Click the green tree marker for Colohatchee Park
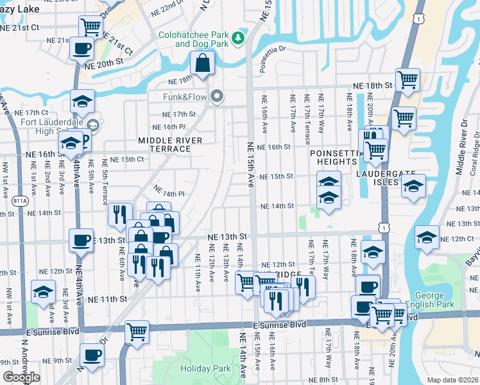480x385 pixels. coord(239,38)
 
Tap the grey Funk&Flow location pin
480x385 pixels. coord(218,97)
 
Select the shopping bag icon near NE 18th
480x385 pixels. coord(202,64)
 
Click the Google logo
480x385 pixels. coord(21,377)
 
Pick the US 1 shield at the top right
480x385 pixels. coord(418,20)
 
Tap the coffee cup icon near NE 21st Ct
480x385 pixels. coord(82,47)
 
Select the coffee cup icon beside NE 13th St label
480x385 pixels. coord(81,239)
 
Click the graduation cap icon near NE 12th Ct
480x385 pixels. coord(426,237)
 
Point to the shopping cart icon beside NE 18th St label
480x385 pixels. coord(407,80)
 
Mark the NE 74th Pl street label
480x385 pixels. coord(169,192)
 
